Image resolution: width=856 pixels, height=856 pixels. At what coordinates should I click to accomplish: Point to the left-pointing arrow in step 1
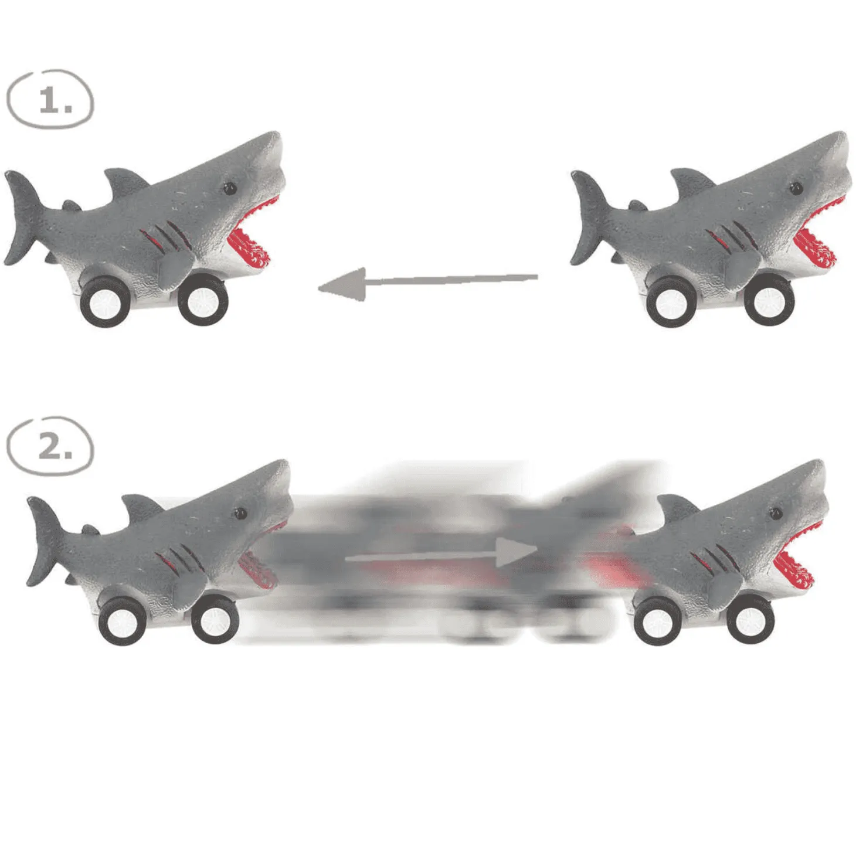point(428,283)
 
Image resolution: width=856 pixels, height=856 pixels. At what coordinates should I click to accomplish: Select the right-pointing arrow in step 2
point(441,553)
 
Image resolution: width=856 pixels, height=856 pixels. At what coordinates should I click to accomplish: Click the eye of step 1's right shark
point(796,188)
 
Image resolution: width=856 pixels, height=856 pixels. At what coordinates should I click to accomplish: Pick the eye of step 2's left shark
point(240,514)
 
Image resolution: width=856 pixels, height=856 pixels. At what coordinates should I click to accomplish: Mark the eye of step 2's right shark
point(776,514)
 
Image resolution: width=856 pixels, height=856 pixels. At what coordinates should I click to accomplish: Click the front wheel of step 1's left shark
point(203,301)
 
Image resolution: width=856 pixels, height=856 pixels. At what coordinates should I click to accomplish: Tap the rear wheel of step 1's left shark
point(106,302)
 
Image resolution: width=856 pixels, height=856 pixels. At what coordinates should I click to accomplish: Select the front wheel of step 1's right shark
point(769,301)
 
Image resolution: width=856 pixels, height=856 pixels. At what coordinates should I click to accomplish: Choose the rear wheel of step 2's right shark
point(658,621)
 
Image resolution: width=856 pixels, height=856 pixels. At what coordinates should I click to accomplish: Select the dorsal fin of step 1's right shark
point(692,181)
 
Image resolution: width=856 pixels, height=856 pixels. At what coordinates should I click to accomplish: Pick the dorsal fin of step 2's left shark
point(142,507)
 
